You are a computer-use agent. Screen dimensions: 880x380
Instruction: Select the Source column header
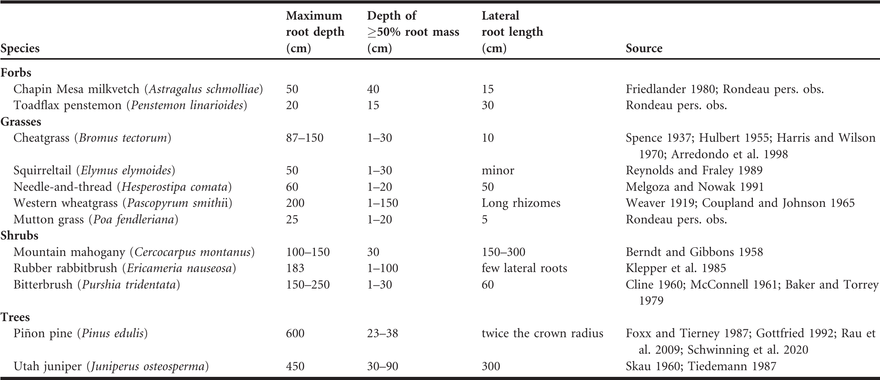(644, 48)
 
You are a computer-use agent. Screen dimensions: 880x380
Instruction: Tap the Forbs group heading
(16, 73)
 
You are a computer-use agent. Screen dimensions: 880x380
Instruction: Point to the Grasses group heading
(21, 122)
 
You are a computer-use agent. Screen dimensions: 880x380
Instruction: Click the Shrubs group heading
(19, 236)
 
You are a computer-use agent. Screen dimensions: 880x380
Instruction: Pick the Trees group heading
(15, 317)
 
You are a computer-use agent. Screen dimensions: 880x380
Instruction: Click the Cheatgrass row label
(92, 138)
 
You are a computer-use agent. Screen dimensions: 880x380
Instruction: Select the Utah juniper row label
(111, 366)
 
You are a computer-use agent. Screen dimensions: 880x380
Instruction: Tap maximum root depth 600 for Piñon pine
(295, 333)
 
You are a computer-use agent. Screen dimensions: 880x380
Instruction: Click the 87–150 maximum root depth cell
(305, 138)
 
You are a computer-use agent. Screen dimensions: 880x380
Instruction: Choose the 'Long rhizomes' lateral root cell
(521, 203)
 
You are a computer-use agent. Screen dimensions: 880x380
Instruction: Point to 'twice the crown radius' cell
(543, 333)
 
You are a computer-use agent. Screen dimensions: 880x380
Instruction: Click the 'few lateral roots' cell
(525, 268)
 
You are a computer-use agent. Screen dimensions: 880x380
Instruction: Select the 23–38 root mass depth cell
(383, 333)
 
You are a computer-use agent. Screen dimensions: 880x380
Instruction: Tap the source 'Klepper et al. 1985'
(676, 268)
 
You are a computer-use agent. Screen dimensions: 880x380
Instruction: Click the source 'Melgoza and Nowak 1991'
(695, 187)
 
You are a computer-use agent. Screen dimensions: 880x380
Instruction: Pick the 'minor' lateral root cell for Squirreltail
(498, 170)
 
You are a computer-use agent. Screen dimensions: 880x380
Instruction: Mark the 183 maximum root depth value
(295, 268)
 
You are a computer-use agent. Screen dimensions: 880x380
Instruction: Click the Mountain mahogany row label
(134, 252)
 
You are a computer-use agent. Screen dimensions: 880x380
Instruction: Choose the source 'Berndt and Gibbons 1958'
(694, 252)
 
